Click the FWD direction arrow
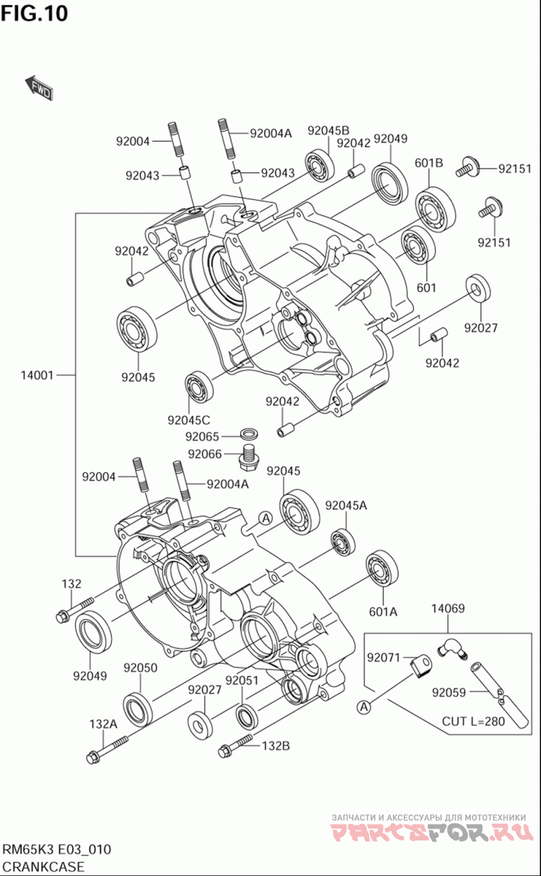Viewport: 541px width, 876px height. coord(39,88)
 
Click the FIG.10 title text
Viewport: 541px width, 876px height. coord(34,13)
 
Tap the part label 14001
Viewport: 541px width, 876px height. coord(37,375)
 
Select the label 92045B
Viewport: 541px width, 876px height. coord(328,130)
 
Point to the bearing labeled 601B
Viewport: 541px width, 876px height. coord(435,210)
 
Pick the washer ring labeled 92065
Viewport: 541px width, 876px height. coord(249,433)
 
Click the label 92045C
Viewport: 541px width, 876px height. coord(189,420)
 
